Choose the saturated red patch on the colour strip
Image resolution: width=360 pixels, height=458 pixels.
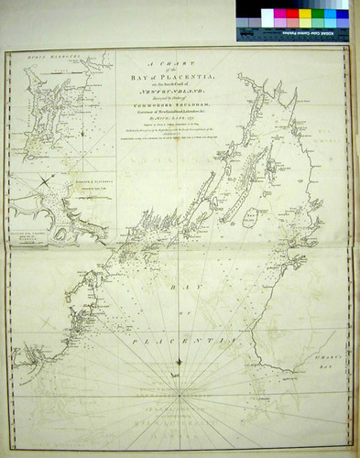click(293, 16)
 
